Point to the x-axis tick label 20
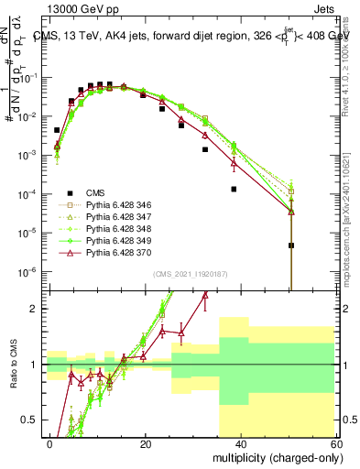point(146,442)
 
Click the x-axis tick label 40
point(240,442)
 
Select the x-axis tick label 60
point(334,442)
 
